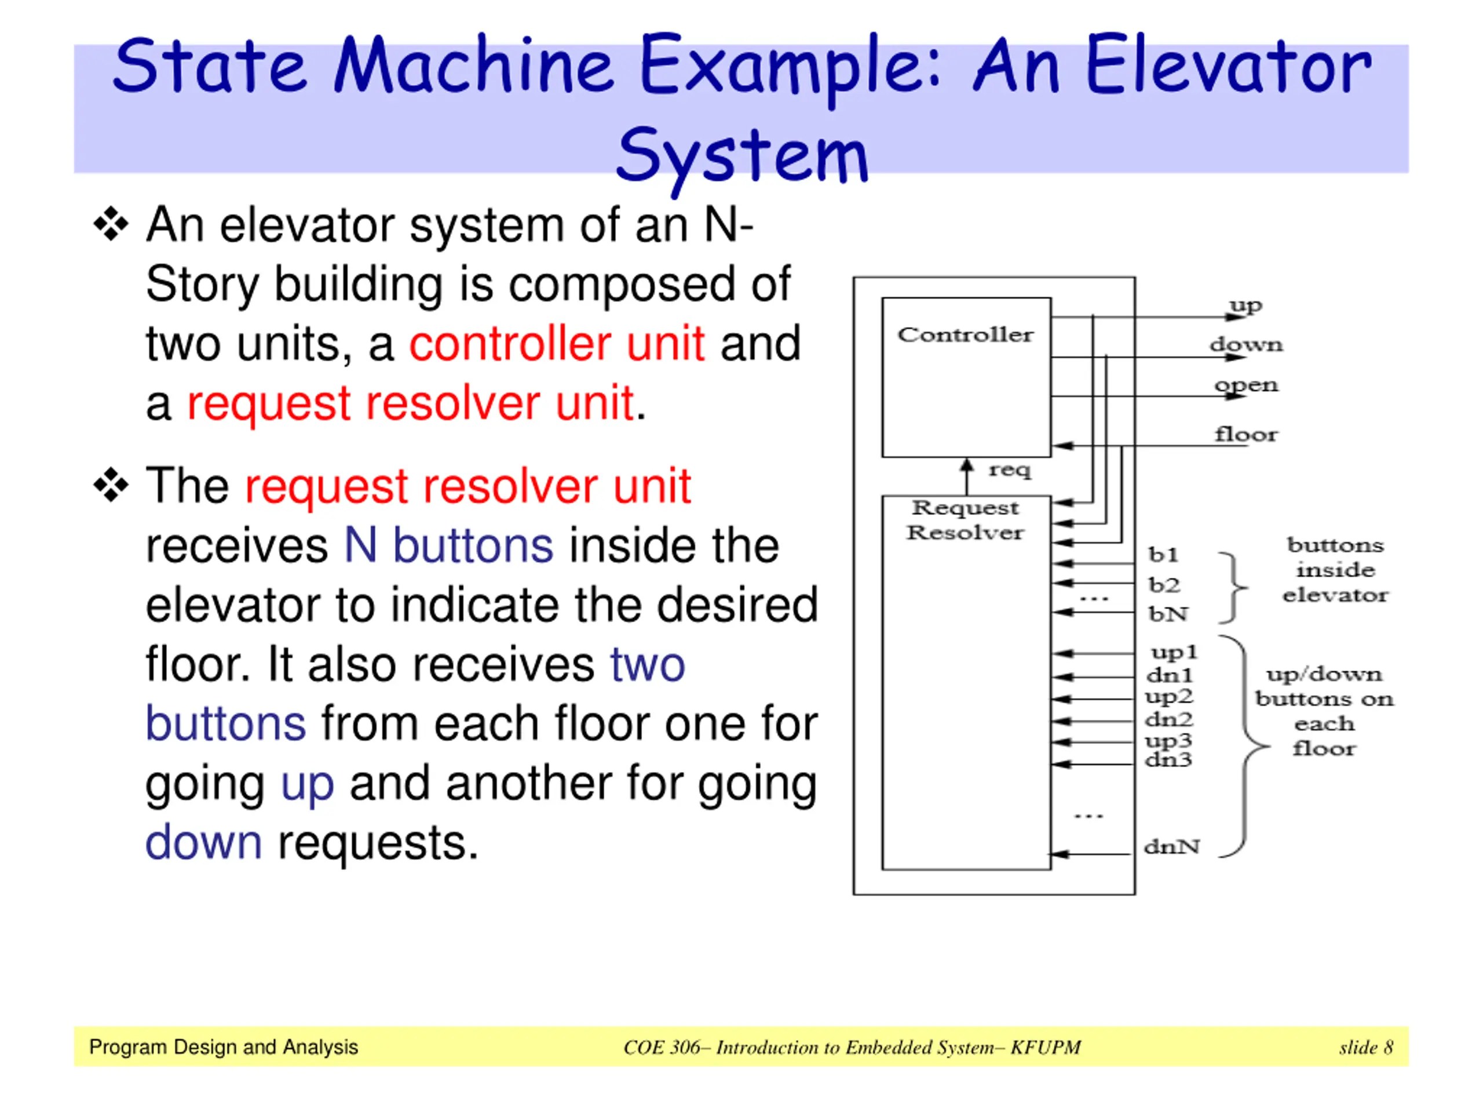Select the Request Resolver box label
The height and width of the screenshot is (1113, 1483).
tap(966, 520)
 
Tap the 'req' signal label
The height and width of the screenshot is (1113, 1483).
tap(1010, 470)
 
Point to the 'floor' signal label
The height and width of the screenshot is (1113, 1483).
tap(1246, 435)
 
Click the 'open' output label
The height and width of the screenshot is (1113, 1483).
tap(1246, 385)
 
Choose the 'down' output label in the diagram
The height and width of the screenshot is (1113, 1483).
tap(1246, 345)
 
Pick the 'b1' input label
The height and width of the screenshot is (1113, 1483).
tap(1163, 555)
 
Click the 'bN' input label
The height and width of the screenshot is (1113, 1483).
tap(1168, 614)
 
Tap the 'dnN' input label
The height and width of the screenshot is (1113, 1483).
tap(1172, 847)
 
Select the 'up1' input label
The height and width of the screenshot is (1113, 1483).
tap(1174, 652)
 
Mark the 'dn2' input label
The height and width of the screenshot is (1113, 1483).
tap(1169, 719)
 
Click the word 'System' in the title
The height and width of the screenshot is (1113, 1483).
tap(741, 155)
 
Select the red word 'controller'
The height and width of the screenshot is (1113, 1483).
tap(510, 344)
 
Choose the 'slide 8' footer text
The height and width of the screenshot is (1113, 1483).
tap(1365, 1047)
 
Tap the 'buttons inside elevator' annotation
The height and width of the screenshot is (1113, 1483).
tap(1335, 570)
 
